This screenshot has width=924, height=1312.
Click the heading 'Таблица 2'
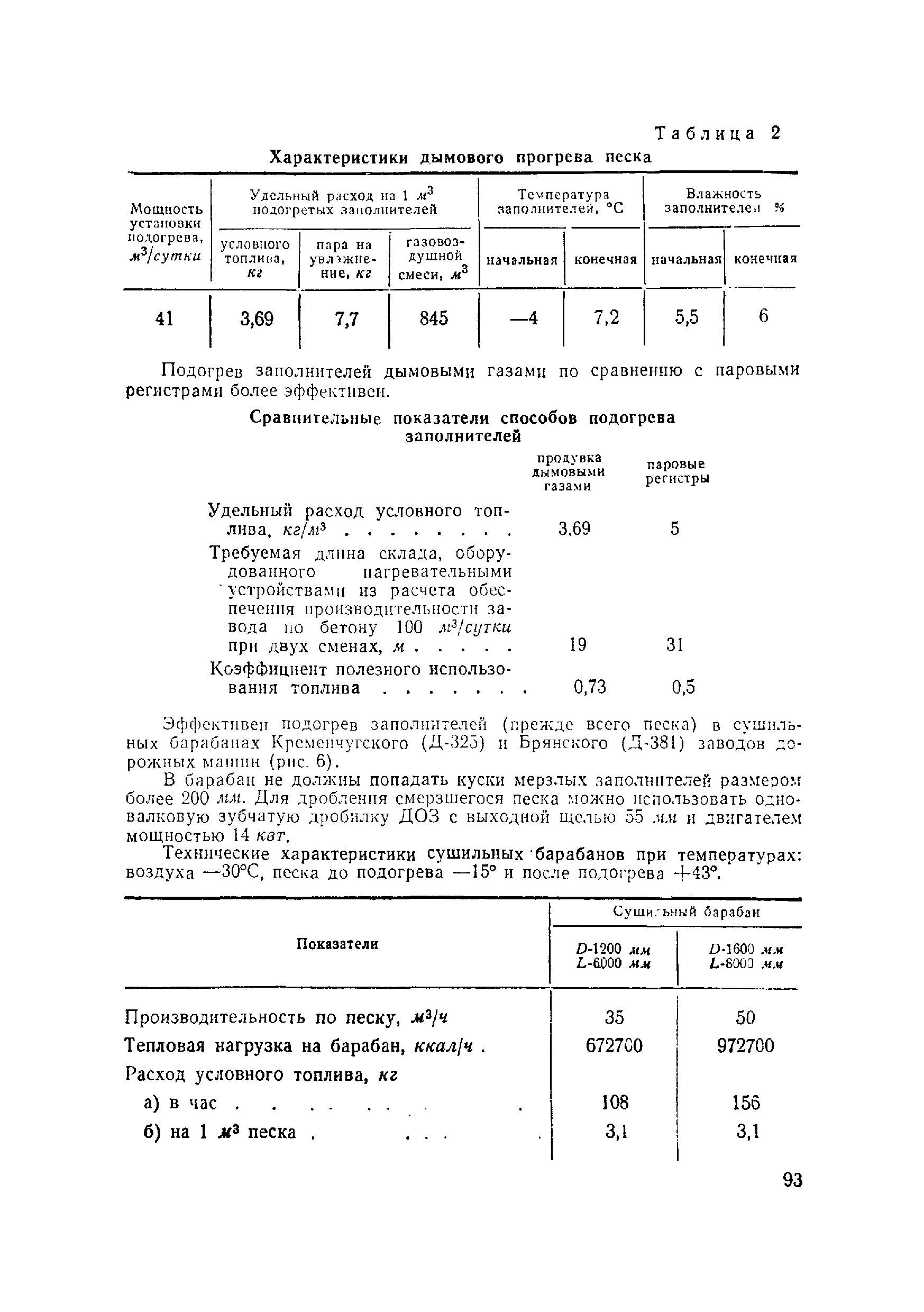pyautogui.click(x=717, y=134)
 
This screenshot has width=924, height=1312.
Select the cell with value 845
pyautogui.click(x=434, y=318)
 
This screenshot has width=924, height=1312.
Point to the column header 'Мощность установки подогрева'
pyautogui.click(x=166, y=231)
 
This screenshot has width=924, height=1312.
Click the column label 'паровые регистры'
pyautogui.click(x=677, y=471)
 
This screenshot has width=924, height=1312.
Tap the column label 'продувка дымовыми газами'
pyautogui.click(x=568, y=472)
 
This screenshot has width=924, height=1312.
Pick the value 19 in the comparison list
pyautogui.click(x=578, y=645)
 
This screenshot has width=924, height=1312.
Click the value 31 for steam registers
pyautogui.click(x=675, y=645)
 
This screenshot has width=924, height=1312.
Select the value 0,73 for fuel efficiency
pyautogui.click(x=589, y=686)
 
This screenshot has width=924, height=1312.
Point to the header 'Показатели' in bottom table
pyautogui.click(x=337, y=944)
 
